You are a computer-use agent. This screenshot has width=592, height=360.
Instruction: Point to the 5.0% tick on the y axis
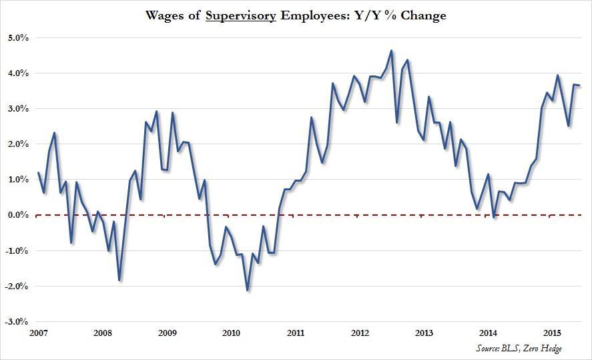point(16,38)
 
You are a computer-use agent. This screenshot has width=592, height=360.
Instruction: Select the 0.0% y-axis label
point(16,215)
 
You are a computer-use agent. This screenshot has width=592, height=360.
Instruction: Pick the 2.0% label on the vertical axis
point(16,144)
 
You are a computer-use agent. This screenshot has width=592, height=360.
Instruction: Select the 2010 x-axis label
point(231,333)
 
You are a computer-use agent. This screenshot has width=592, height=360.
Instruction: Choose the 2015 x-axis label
point(553,333)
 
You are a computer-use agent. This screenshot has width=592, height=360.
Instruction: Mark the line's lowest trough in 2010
point(248,290)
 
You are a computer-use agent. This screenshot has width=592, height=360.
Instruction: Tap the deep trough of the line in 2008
point(119,280)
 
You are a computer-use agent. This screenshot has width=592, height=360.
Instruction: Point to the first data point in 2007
point(38,173)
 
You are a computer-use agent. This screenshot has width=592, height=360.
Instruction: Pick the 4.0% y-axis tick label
point(16,73)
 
